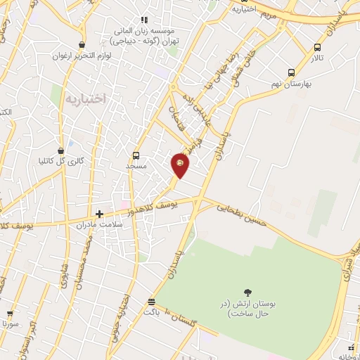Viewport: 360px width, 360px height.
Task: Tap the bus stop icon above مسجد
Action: click(x=136, y=155)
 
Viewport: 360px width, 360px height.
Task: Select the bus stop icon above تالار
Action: click(x=317, y=48)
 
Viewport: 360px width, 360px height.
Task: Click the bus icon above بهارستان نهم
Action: click(x=292, y=72)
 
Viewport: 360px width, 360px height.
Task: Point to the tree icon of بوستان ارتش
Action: click(x=247, y=292)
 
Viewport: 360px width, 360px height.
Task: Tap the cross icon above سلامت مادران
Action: click(x=100, y=214)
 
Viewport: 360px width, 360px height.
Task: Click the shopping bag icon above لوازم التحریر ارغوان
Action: click(x=83, y=45)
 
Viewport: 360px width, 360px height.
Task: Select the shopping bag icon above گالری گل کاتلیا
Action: click(x=61, y=150)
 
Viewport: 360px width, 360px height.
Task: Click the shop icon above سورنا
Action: click(x=10, y=314)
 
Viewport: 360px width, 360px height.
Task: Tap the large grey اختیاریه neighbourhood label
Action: click(x=85, y=100)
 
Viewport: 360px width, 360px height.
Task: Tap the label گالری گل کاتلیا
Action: click(x=61, y=160)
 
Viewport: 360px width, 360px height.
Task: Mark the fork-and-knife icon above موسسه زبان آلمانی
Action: click(x=144, y=20)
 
